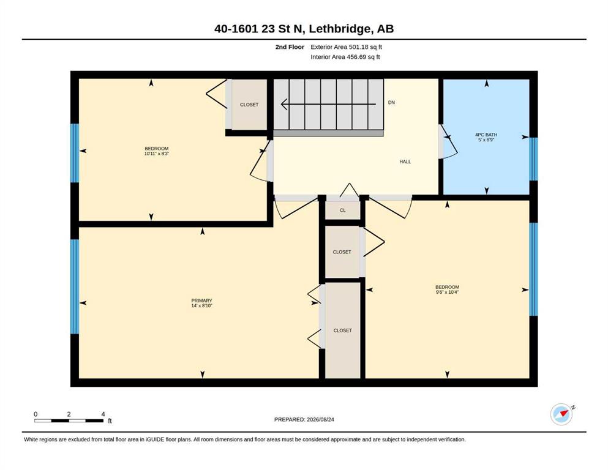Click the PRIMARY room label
[x=201, y=300]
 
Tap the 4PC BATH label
[x=486, y=135]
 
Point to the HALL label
[x=405, y=162]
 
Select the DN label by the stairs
[x=391, y=103]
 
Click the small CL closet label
[x=342, y=211]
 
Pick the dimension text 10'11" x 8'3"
[x=157, y=154]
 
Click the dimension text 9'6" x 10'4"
[x=447, y=292]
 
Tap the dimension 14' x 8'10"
[x=201, y=306]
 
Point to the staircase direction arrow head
[x=284, y=104]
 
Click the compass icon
[x=561, y=414]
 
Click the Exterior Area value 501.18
[x=358, y=47]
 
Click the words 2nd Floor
[x=290, y=47]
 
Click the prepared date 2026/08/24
[x=320, y=419]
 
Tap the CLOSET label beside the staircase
[x=249, y=105]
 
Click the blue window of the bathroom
[x=533, y=159]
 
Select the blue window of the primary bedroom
[x=75, y=287]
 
